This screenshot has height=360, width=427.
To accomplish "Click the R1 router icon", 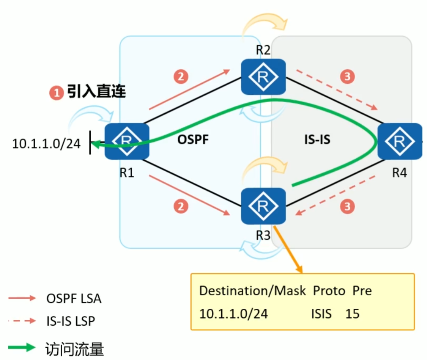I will (126, 141).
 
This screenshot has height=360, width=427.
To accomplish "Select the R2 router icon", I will (263, 77).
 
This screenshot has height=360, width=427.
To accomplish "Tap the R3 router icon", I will (263, 206).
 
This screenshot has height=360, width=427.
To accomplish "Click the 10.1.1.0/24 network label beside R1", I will (46, 143).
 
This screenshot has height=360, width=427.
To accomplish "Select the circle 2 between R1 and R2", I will (181, 77).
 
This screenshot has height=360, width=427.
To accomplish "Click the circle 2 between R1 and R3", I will (181, 206).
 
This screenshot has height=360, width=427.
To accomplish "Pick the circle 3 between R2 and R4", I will (347, 77).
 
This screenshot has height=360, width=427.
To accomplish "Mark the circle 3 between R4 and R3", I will (347, 206).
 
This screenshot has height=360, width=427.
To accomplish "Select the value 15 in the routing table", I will (352, 314).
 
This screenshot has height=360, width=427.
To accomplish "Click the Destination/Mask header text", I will (252, 291).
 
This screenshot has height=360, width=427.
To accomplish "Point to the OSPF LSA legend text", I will (74, 299).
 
